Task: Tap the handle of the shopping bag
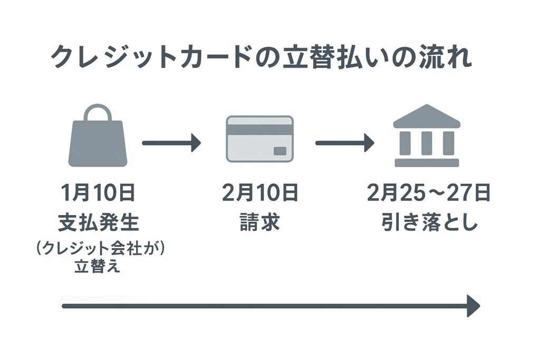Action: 98,112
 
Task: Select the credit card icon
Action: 259,138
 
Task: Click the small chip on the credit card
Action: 279,151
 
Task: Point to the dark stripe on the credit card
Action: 259,129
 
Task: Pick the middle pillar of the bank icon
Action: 427,142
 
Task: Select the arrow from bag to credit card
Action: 171,142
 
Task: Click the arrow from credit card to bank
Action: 344,142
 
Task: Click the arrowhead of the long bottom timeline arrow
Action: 473,306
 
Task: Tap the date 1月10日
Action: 98,194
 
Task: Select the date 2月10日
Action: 259,194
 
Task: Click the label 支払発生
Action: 98,223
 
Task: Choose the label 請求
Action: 259,223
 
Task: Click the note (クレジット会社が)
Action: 98,249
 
